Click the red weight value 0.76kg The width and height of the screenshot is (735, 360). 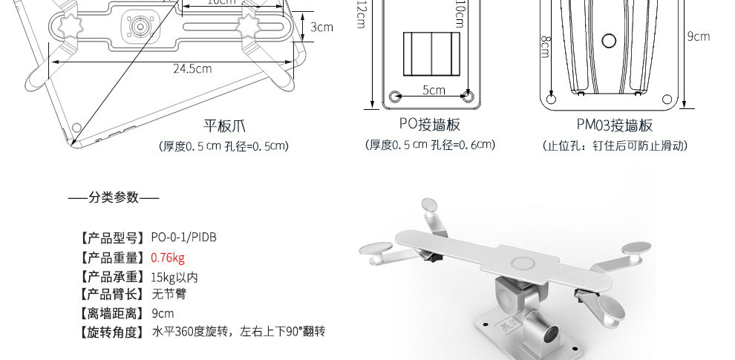(x=167, y=258)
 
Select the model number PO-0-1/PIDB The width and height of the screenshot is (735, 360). (x=183, y=238)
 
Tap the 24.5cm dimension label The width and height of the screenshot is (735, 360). (x=192, y=69)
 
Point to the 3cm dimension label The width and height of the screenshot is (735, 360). (x=321, y=27)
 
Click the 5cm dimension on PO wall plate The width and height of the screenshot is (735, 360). (x=433, y=91)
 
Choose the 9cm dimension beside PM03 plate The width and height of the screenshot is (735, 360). (x=698, y=36)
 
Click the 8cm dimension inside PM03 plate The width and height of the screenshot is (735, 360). (x=546, y=48)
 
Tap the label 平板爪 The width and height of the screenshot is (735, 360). (x=224, y=125)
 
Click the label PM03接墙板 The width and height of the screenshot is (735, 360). (x=615, y=125)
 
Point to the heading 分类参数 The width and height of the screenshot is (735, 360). (x=114, y=197)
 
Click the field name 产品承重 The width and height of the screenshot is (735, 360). (x=111, y=277)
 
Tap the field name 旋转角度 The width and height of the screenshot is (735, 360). (x=111, y=332)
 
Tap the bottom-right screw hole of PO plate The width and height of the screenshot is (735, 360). (x=468, y=96)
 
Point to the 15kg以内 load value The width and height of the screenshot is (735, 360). (x=174, y=277)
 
